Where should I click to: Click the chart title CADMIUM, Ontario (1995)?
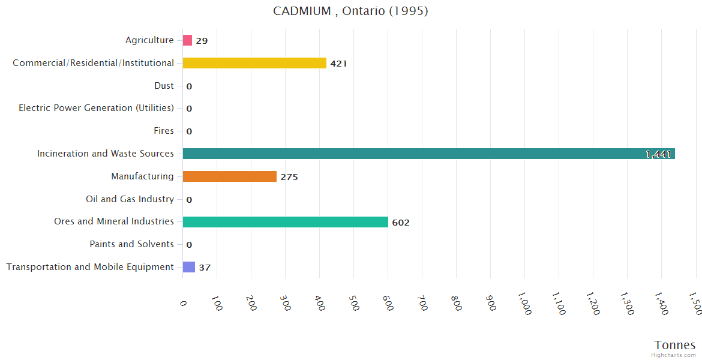pos(350,11)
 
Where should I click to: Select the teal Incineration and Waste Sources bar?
pos(428,154)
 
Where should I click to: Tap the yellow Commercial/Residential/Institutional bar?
pos(254,63)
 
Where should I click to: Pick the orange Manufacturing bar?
pos(229,176)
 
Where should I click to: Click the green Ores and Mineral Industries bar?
pos(285,222)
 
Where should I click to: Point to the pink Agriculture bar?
pos(187,40)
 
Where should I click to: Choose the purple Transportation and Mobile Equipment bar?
pos(188,267)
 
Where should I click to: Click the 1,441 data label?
pos(658,154)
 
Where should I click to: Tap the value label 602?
pos(401,223)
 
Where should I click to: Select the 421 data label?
pos(338,64)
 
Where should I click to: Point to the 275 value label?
pos(289,177)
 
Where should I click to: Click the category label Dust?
pos(164,86)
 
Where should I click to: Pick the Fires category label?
pos(164,131)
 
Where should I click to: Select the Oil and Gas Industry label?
pos(130,199)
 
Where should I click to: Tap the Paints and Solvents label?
pos(131,244)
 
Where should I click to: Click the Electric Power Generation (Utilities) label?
pos(96,108)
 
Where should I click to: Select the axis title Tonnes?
pos(674,345)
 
